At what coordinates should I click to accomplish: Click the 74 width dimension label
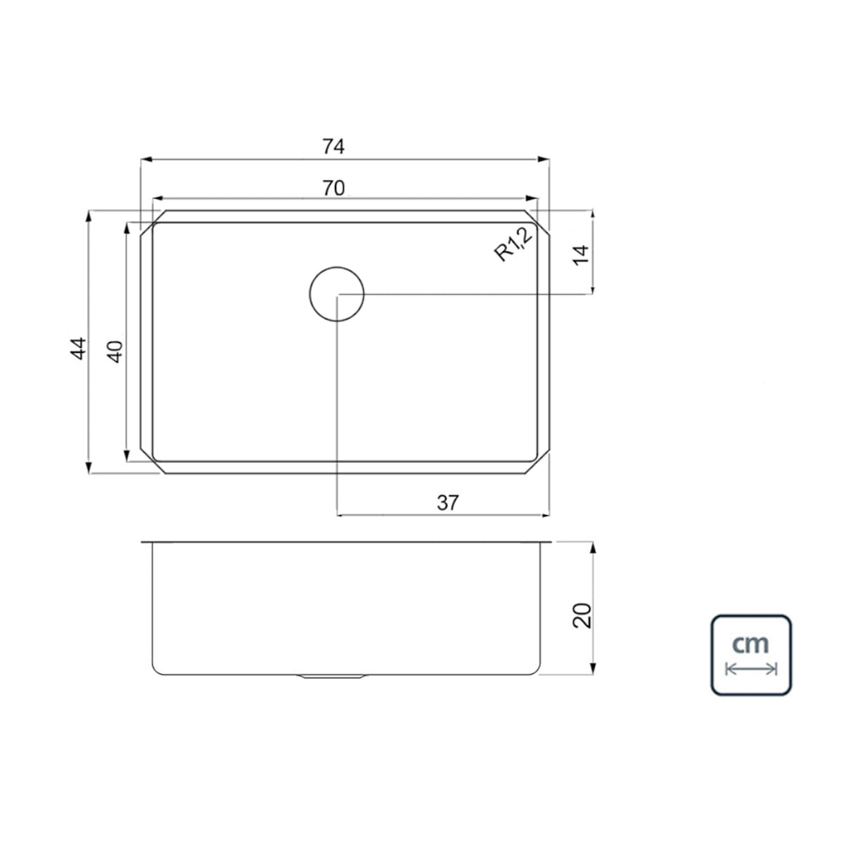[x=333, y=147]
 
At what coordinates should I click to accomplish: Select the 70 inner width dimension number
[x=334, y=188]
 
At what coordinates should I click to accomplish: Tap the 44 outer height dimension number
[x=78, y=349]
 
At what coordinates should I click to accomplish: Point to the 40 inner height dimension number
[x=115, y=352]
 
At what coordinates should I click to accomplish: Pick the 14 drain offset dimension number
[x=581, y=255]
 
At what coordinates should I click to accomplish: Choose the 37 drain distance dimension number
[x=447, y=503]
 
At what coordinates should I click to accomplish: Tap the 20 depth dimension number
[x=582, y=616]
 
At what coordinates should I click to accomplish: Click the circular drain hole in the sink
[x=336, y=267]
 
